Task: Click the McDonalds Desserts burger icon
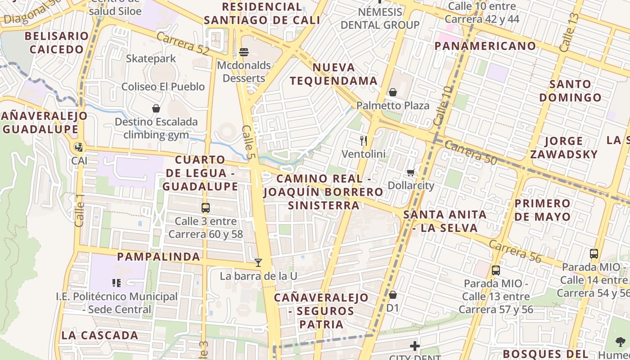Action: pyautogui.click(x=244, y=52)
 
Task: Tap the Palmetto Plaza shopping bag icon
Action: pyautogui.click(x=393, y=92)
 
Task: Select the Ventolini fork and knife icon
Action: pyautogui.click(x=364, y=141)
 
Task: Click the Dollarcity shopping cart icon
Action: pyautogui.click(x=410, y=172)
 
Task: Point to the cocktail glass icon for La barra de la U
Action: pyautogui.click(x=258, y=262)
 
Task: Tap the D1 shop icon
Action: pyautogui.click(x=393, y=295)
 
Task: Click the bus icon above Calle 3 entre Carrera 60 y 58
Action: pyautogui.click(x=206, y=208)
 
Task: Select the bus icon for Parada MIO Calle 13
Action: pyautogui.click(x=495, y=270)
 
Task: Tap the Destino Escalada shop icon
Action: pyautogui.click(x=156, y=108)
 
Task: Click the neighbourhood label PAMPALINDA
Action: pyautogui.click(x=158, y=256)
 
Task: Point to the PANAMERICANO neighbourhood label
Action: pyautogui.click(x=485, y=46)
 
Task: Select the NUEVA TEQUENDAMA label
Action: pyautogui.click(x=333, y=74)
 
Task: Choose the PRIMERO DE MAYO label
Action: pyautogui.click(x=542, y=210)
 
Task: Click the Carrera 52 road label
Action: pyautogui.click(x=183, y=44)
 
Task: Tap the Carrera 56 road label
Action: pyautogui.click(x=514, y=252)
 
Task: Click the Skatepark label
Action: pyautogui.click(x=151, y=58)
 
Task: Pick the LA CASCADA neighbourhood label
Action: pyautogui.click(x=100, y=335)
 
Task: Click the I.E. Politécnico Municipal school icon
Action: pyautogui.click(x=117, y=283)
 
